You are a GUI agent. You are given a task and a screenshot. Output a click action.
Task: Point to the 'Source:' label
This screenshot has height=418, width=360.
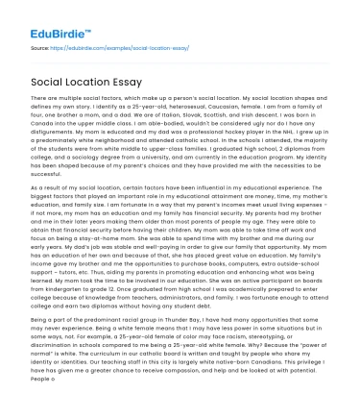[x=40, y=45]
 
